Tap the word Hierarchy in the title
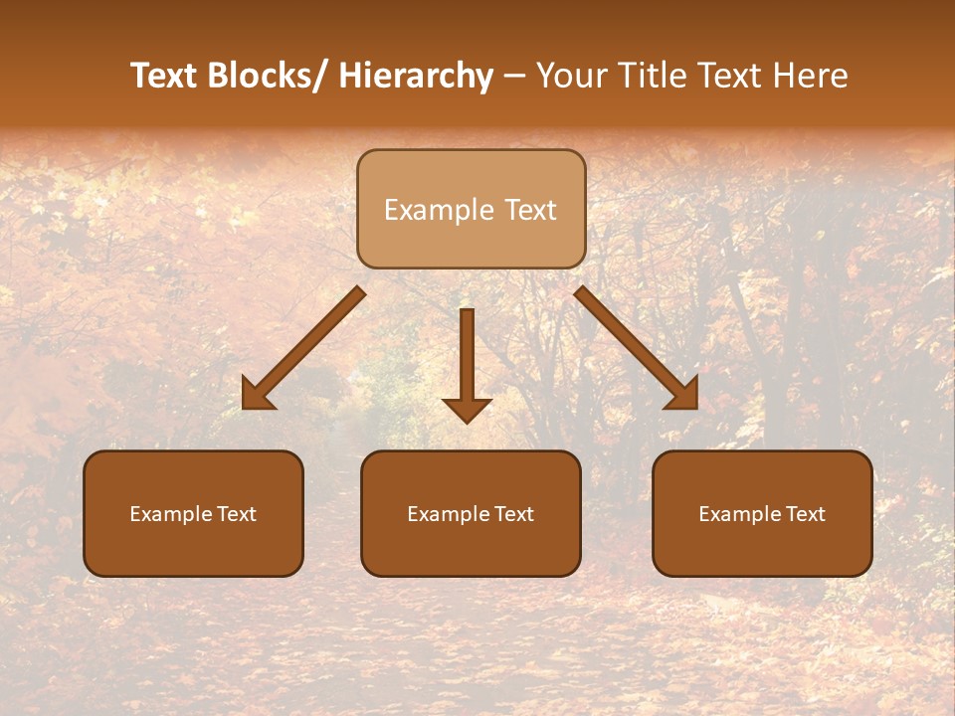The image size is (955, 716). pyautogui.click(x=416, y=76)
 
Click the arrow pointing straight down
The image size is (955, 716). pyautogui.click(x=467, y=358)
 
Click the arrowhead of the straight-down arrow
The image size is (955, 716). pyautogui.click(x=467, y=410)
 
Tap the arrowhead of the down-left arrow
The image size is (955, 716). pyautogui.click(x=257, y=396)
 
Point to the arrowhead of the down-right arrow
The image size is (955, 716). pyautogui.click(x=683, y=396)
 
